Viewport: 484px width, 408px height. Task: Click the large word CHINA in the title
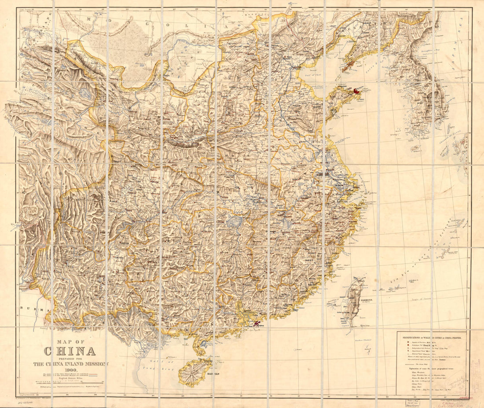tap(70, 351)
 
